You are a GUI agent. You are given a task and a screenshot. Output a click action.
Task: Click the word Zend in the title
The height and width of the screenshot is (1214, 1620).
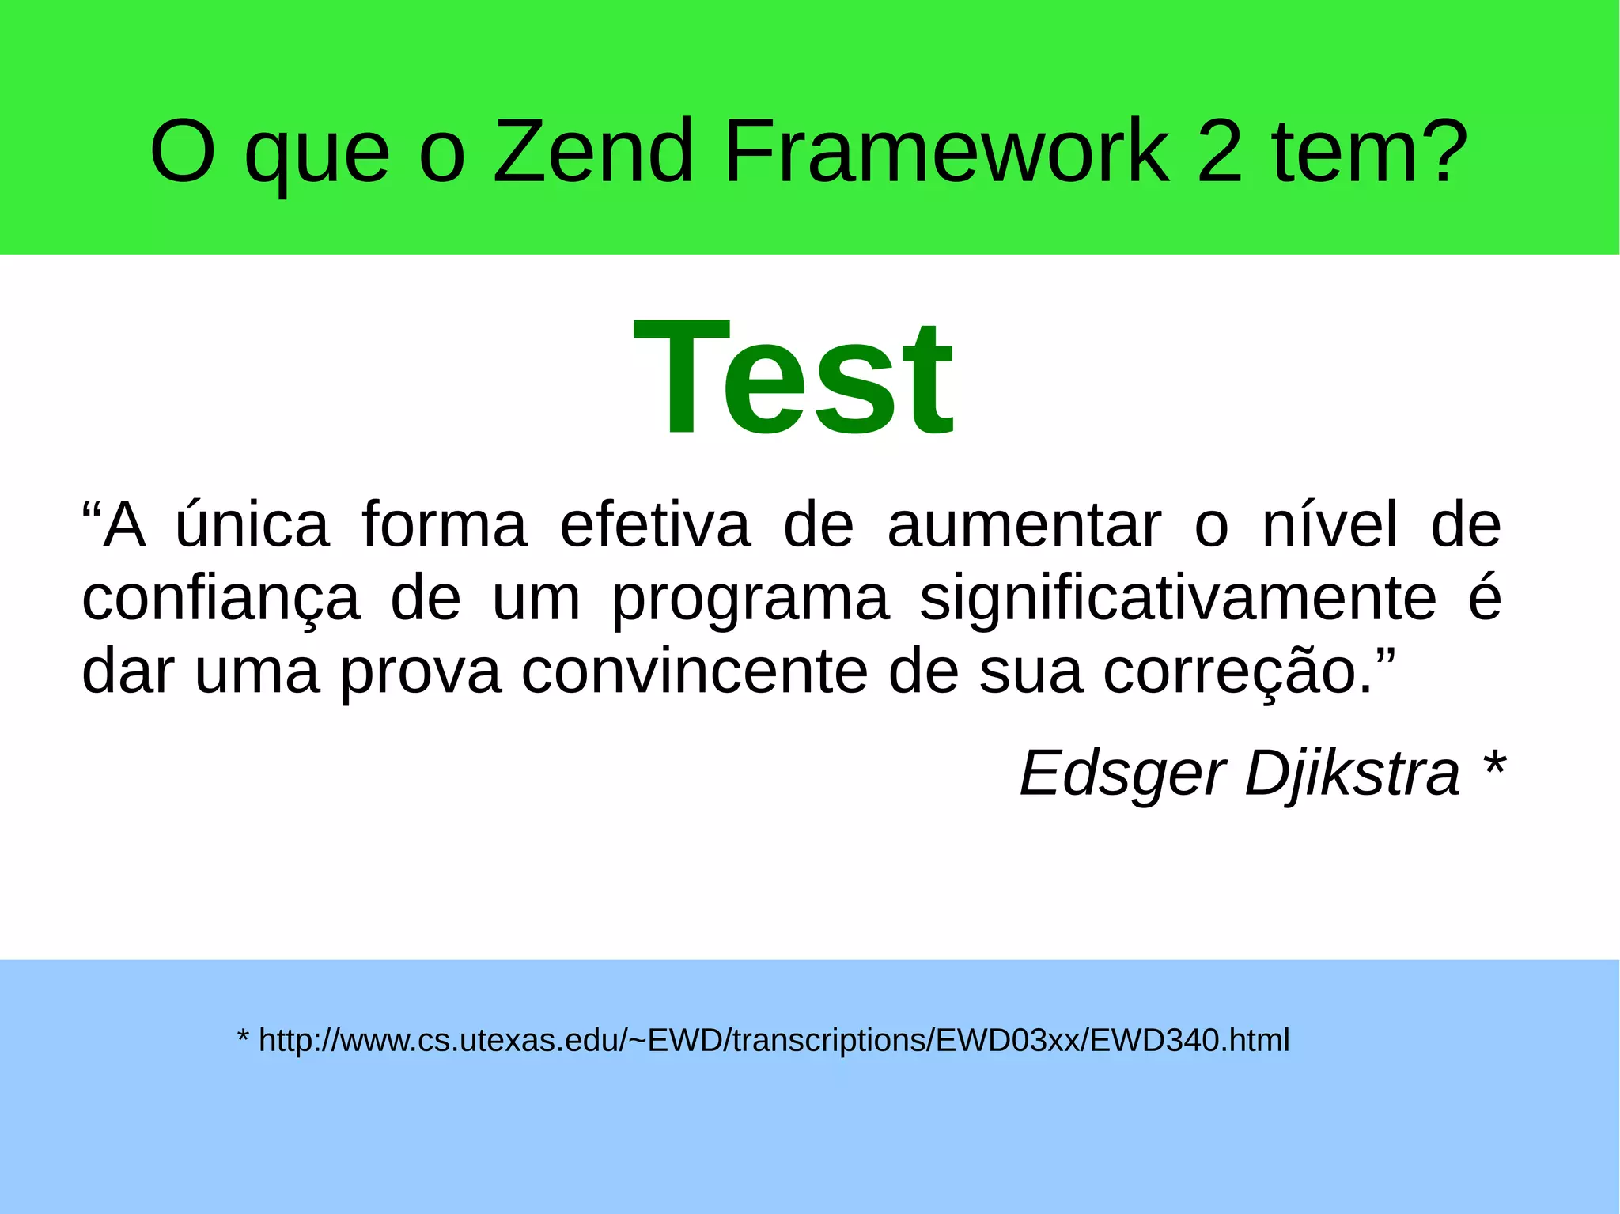click(593, 151)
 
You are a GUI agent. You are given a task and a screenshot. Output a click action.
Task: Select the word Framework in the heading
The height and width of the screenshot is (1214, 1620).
click(946, 151)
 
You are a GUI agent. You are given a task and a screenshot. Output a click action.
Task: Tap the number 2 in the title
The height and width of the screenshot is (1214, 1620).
click(1220, 151)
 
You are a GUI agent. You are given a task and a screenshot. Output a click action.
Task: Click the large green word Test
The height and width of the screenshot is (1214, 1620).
click(794, 378)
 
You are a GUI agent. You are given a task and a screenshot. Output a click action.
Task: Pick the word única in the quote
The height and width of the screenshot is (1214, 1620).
click(252, 524)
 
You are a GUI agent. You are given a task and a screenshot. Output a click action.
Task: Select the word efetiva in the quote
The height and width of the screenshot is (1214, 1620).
click(655, 524)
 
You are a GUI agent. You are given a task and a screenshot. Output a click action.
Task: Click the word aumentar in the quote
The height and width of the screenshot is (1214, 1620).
click(1024, 524)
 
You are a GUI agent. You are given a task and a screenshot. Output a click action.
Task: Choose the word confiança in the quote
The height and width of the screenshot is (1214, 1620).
click(221, 599)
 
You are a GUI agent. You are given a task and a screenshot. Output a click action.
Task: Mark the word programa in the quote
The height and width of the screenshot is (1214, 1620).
click(750, 599)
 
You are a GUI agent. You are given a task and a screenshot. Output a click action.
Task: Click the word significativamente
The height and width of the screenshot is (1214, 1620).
click(1178, 599)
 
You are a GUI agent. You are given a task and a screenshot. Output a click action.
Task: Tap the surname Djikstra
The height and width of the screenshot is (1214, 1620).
click(1352, 773)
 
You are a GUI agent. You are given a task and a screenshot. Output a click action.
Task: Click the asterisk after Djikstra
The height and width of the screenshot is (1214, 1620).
click(1493, 767)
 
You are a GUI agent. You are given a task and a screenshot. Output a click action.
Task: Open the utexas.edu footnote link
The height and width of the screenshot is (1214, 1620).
click(774, 1041)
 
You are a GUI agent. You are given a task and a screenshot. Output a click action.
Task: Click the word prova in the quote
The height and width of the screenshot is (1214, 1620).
click(421, 672)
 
